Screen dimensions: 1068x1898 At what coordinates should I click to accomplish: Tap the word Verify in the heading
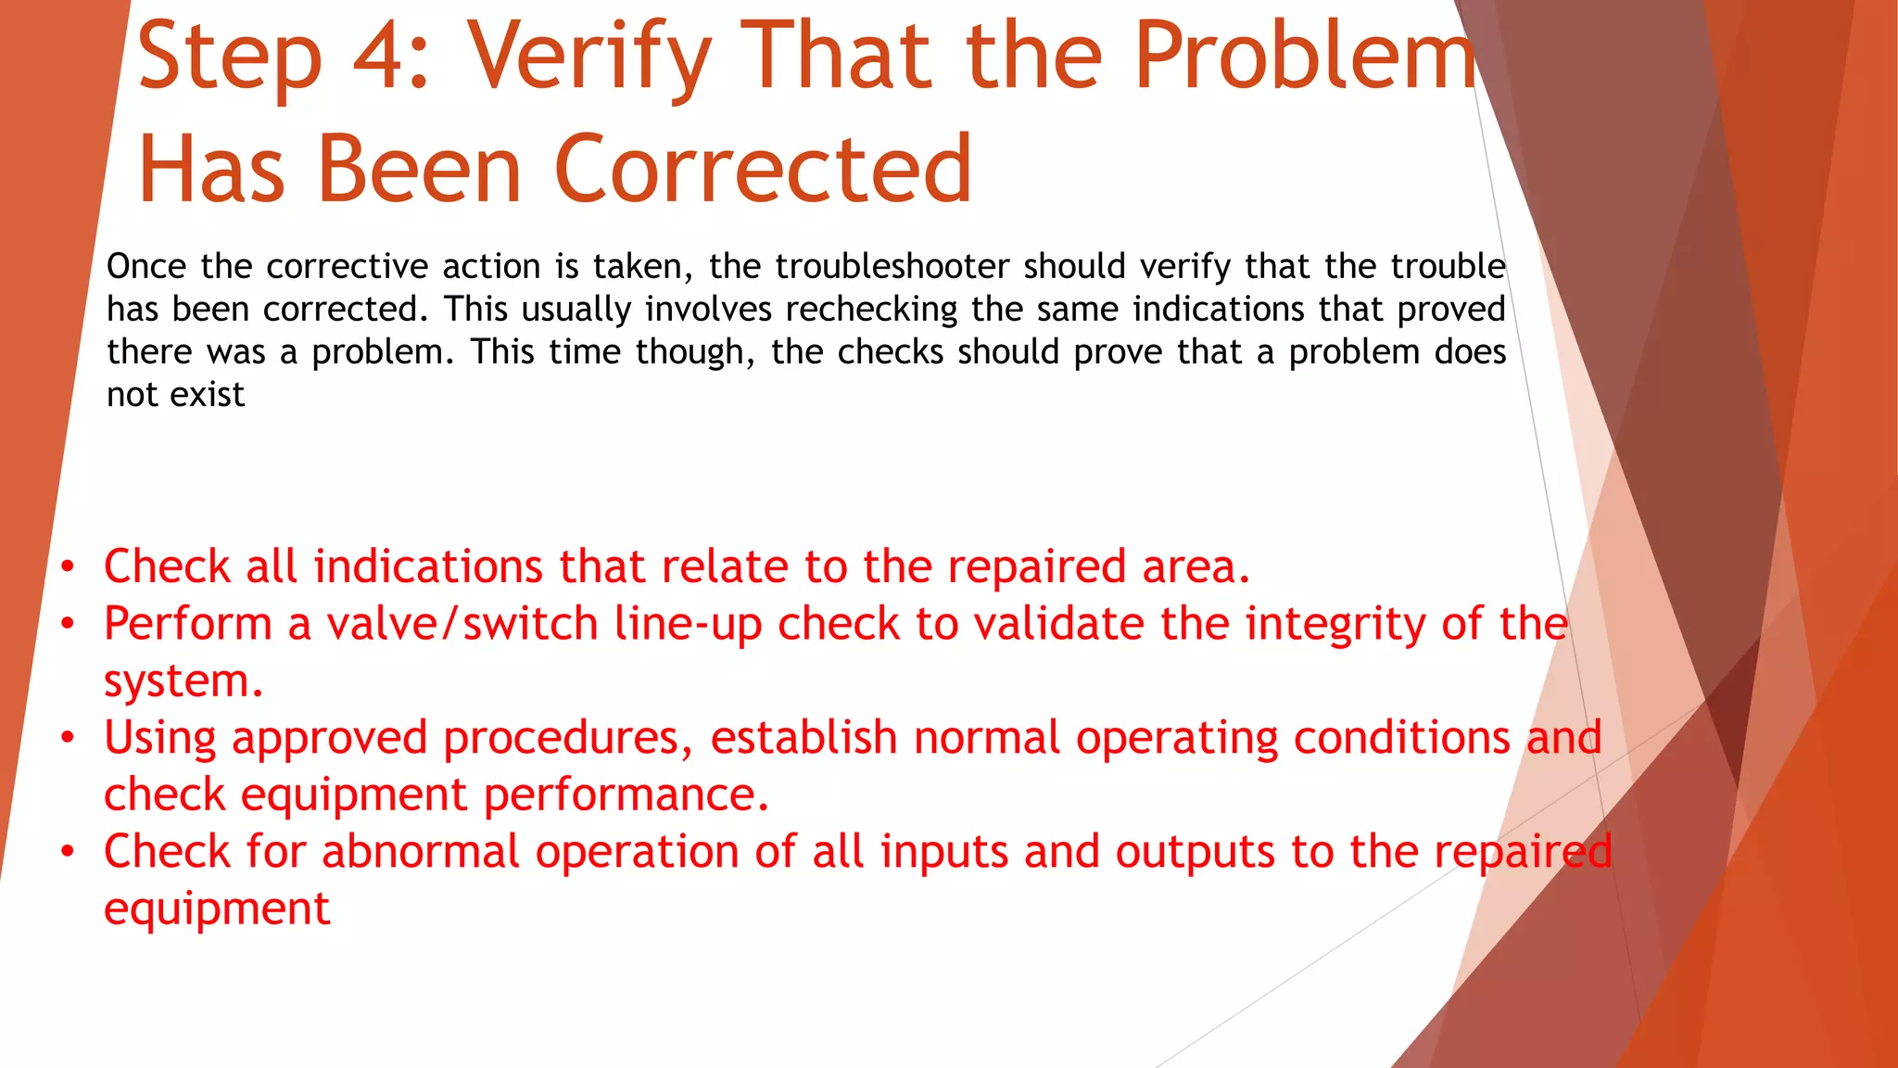click(588, 57)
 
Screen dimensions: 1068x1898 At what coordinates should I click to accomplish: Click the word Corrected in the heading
click(763, 169)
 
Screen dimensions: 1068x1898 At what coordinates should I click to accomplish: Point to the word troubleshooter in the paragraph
click(892, 267)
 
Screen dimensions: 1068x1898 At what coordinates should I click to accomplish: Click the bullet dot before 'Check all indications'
click(67, 567)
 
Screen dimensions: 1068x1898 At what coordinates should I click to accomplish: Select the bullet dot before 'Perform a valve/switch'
click(67, 624)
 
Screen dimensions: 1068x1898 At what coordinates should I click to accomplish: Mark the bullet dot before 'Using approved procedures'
click(67, 738)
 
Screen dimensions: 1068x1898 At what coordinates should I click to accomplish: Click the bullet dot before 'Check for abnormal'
click(67, 852)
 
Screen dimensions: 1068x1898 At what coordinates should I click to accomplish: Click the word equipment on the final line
click(217, 909)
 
